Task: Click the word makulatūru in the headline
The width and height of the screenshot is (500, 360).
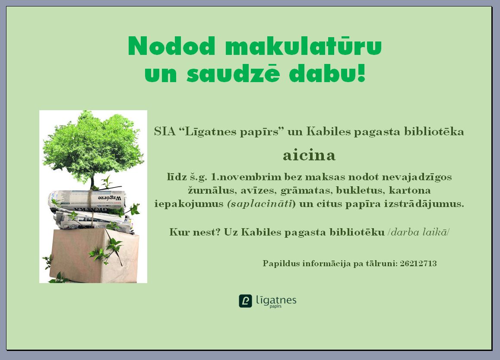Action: pyautogui.click(x=303, y=45)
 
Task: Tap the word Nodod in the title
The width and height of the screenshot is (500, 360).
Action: pyautogui.click(x=172, y=46)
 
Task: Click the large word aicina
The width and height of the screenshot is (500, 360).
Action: pyautogui.click(x=309, y=156)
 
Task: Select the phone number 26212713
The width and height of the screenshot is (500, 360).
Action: pyautogui.click(x=418, y=263)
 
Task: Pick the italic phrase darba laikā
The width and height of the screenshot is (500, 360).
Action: pyautogui.click(x=418, y=232)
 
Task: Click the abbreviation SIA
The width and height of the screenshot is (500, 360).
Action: pyautogui.click(x=165, y=131)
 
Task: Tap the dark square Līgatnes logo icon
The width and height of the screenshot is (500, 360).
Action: pyautogui.click(x=246, y=301)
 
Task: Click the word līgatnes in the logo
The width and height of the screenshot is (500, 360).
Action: pyautogui.click(x=276, y=300)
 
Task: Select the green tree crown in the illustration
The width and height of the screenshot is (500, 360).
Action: pyautogui.click(x=92, y=143)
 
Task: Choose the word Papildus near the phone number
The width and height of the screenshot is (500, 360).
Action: pyautogui.click(x=281, y=264)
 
